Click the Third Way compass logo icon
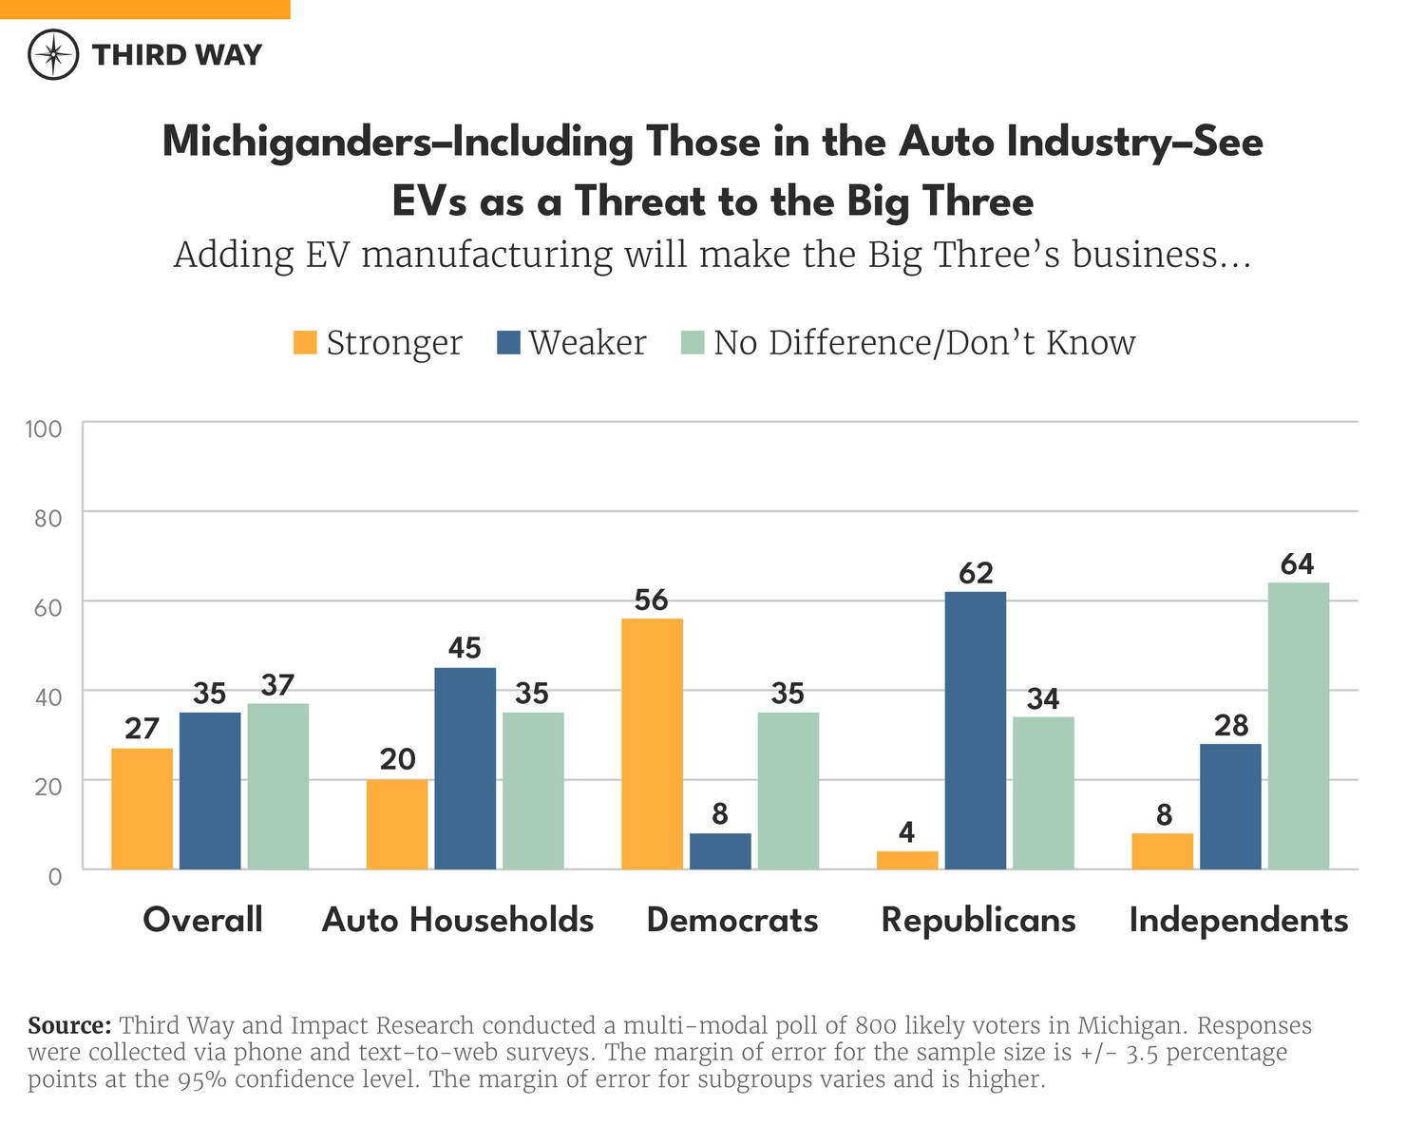(53, 54)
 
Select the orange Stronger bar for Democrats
(652, 743)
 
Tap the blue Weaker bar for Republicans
(976, 730)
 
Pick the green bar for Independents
(1298, 725)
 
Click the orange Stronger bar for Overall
(142, 808)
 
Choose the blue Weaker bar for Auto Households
(465, 768)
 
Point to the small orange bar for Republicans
(907, 860)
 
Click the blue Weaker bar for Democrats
(720, 850)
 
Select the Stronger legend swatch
(305, 342)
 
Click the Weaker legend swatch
(508, 342)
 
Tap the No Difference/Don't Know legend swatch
(693, 342)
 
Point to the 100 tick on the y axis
(44, 429)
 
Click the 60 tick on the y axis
(47, 607)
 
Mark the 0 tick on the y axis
(55, 875)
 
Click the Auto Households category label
(458, 920)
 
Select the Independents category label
(1238, 920)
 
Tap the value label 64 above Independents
(1297, 564)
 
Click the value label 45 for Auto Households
(465, 648)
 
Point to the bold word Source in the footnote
(69, 1026)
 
